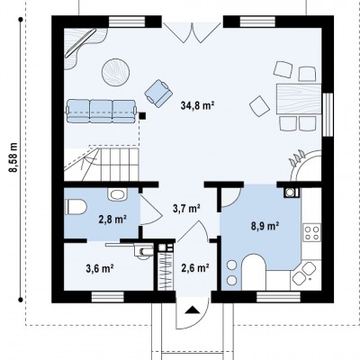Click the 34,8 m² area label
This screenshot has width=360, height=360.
click(197, 105)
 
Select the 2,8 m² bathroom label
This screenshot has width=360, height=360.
click(112, 220)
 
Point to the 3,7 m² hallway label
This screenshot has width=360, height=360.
click(186, 208)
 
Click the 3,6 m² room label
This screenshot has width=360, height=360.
click(100, 268)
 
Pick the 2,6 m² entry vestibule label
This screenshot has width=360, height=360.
click(195, 267)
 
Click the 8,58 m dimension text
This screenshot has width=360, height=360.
click(13, 157)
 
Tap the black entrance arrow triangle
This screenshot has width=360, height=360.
click(193, 310)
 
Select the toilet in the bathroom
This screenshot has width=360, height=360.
click(76, 207)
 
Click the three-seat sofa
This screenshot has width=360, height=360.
click(101, 112)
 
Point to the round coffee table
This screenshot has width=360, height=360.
click(115, 72)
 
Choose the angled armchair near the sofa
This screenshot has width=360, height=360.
click(158, 94)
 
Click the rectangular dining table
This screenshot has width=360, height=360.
click(299, 99)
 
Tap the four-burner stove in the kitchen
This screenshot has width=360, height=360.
click(311, 232)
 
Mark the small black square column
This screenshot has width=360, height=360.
click(142, 115)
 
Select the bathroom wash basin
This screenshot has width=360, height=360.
click(117, 194)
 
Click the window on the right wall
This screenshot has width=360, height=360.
click(328, 115)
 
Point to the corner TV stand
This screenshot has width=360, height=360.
click(83, 47)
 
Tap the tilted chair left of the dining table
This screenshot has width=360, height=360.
click(259, 106)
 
